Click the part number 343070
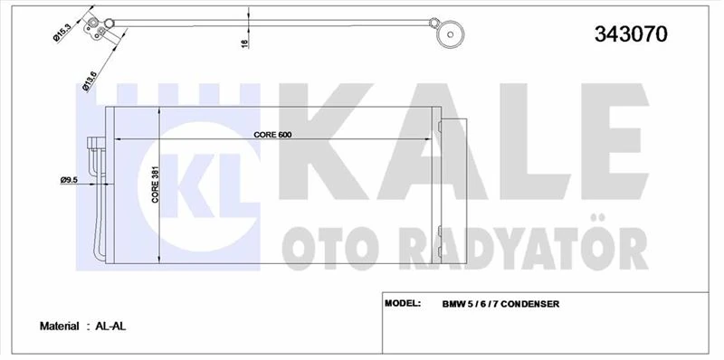pyautogui.click(x=631, y=35)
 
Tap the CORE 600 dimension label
pyautogui.click(x=272, y=134)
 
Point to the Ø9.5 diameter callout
pyautogui.click(x=70, y=180)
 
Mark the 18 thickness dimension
pyautogui.click(x=244, y=43)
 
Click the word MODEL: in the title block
pyautogui.click(x=404, y=303)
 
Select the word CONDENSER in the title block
pyautogui.click(x=529, y=304)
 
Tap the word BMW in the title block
pyautogui.click(x=454, y=304)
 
